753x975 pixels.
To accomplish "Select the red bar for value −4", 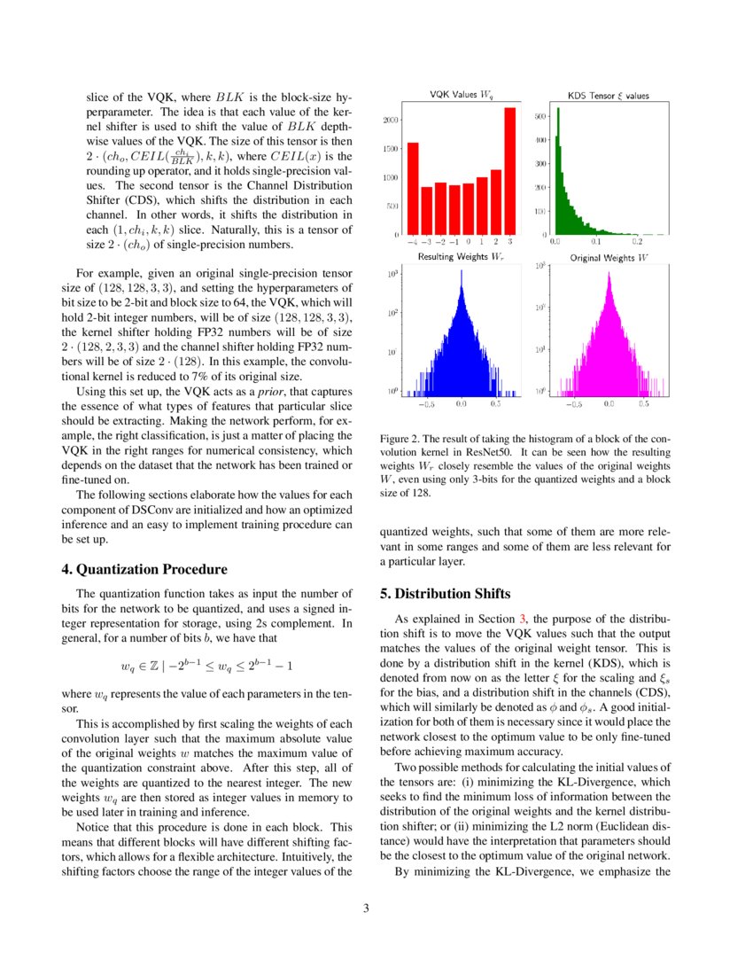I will tap(413, 189).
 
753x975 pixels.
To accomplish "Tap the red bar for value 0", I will tap(468, 208).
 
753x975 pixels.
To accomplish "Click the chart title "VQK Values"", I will tap(461, 94).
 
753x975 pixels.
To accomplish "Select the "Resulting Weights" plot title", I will tap(460, 257).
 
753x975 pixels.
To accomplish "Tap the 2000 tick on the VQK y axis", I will tap(393, 120).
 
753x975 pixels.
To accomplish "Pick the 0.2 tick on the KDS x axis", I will tap(636, 241).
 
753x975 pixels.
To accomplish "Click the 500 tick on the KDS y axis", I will tap(540, 116).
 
